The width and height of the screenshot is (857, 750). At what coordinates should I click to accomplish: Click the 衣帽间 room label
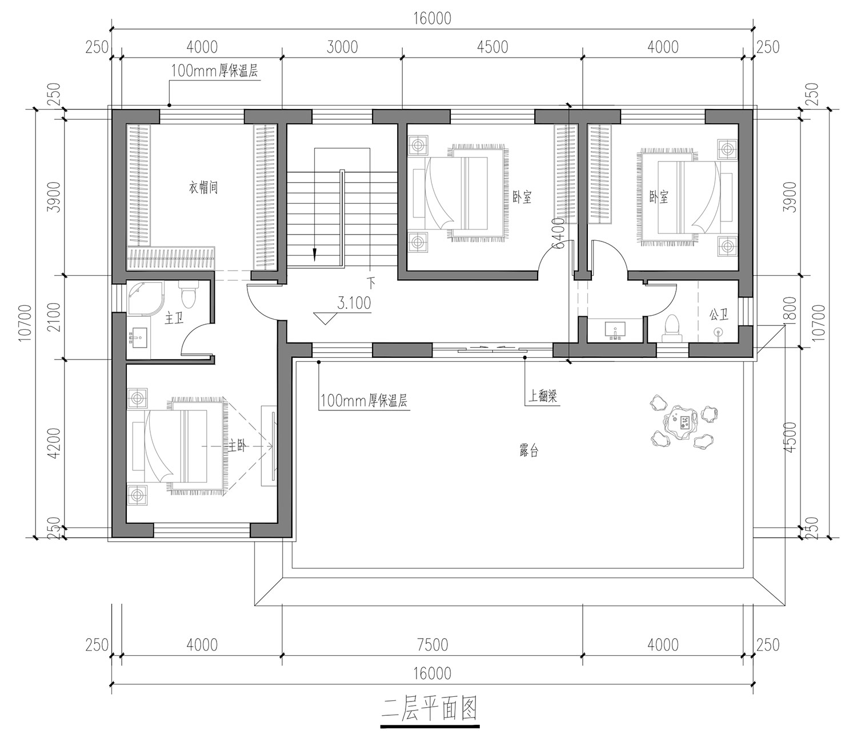(203, 187)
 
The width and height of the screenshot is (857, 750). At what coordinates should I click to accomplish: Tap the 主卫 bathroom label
(174, 318)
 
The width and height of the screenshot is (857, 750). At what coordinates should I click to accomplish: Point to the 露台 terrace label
(528, 451)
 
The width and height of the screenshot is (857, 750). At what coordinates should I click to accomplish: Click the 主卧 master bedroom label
(237, 446)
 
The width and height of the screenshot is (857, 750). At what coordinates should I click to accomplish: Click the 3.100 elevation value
(354, 303)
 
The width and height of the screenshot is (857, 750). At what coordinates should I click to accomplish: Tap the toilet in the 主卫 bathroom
(188, 294)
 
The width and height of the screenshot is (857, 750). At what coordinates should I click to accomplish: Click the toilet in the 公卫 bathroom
(672, 328)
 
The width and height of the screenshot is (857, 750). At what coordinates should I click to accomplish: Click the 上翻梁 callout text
(543, 396)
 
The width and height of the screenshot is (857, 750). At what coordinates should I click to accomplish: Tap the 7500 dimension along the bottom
(432, 645)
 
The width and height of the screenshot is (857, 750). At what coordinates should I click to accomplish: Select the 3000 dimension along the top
(342, 47)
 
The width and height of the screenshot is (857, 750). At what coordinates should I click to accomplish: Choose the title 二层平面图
(430, 709)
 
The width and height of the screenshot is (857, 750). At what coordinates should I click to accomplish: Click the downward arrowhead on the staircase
(314, 255)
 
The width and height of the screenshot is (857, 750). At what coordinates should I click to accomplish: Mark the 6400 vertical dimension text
(558, 233)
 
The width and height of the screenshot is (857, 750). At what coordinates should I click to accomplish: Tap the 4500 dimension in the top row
(492, 47)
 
